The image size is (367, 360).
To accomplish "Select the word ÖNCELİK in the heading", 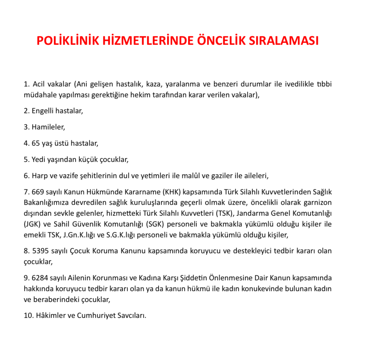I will (222, 41).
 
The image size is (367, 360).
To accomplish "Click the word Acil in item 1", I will (39, 84).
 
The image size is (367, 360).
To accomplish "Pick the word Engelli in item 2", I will (43, 111).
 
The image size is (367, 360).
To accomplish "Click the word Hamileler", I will (48, 127).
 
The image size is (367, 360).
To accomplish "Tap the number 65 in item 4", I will (36, 144).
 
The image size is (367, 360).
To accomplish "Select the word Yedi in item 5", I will (38, 160).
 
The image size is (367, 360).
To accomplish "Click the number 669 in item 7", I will (38, 192).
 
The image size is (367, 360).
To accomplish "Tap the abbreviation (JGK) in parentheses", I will (32, 224).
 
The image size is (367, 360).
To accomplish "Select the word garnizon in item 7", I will (318, 203).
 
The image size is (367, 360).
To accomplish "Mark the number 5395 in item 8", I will (40, 251).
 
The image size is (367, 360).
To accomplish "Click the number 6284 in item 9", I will (40, 278).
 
